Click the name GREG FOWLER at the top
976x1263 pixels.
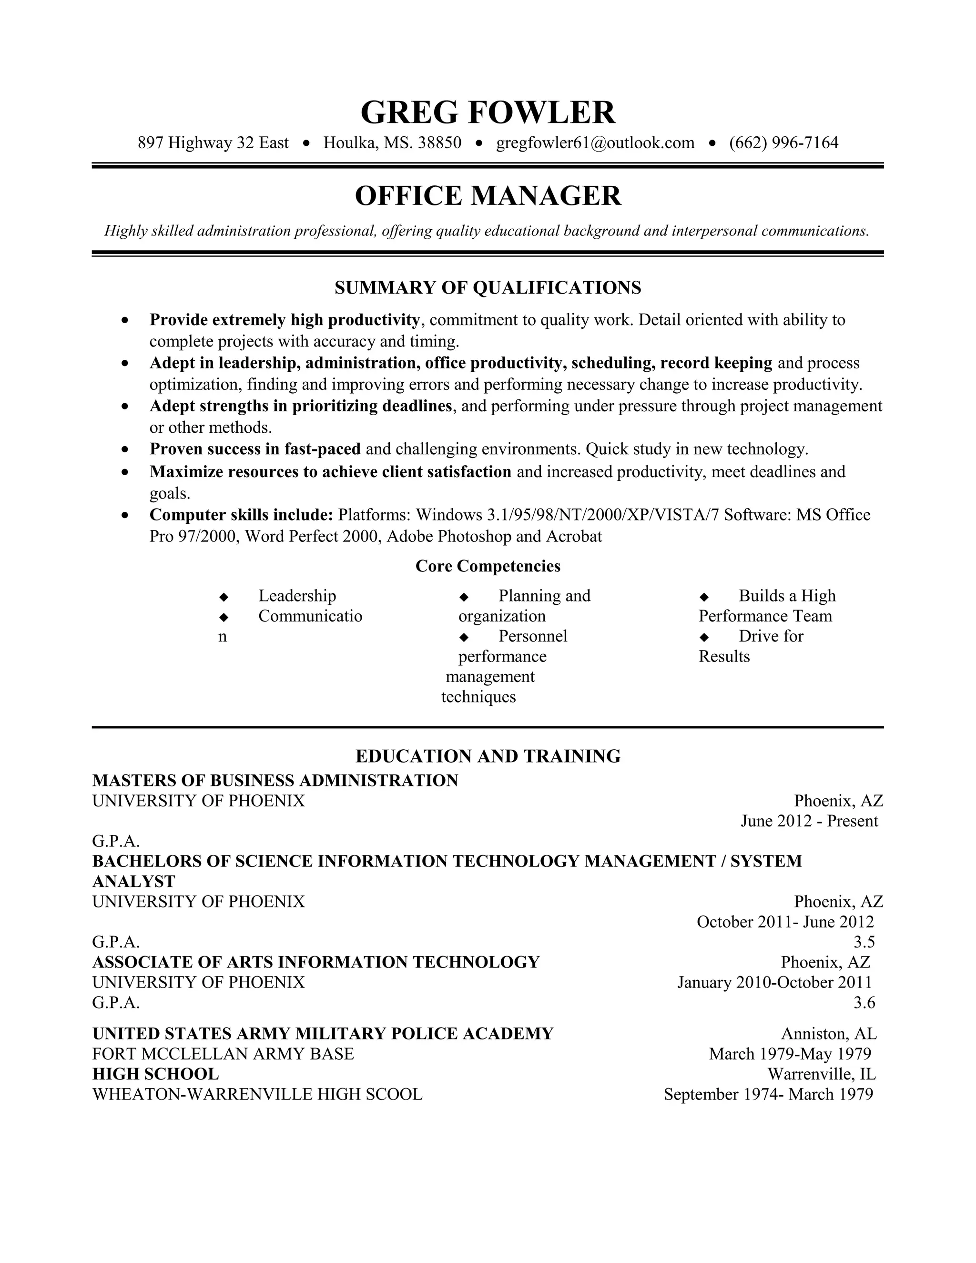[488, 112]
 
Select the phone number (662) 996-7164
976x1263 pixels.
[783, 143]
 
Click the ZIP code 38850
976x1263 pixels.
[439, 143]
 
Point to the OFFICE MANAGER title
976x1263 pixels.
[488, 195]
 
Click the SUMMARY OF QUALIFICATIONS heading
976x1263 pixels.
[488, 287]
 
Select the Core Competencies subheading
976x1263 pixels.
[488, 566]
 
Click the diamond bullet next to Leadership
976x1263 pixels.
[224, 597]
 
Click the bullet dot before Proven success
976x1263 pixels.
[125, 449]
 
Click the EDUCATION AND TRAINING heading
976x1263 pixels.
[488, 756]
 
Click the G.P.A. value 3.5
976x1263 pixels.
[864, 942]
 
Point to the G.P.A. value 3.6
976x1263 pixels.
[864, 1002]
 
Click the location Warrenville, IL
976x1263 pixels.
[821, 1074]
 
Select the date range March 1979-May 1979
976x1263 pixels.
[790, 1054]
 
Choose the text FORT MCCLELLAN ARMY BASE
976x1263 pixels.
[223, 1054]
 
